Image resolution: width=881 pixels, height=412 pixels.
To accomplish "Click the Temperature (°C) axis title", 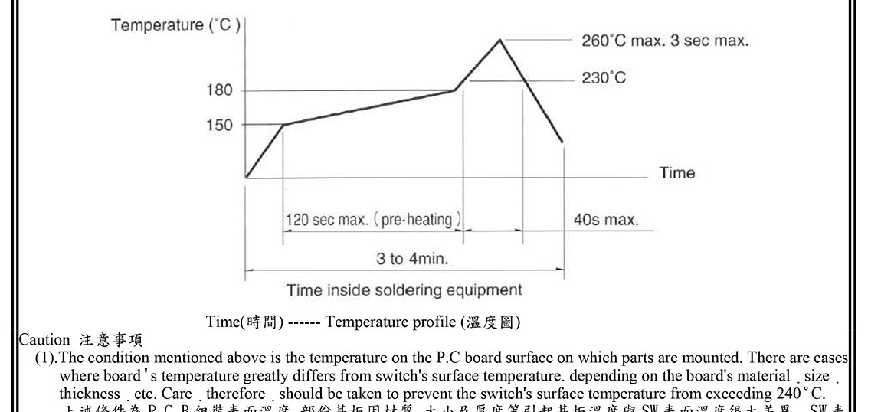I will click(x=175, y=25).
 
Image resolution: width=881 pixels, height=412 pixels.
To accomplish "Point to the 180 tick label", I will click(x=219, y=90).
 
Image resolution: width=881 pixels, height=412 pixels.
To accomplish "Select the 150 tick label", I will click(x=219, y=125).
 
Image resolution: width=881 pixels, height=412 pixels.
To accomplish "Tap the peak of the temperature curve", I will click(x=500, y=39).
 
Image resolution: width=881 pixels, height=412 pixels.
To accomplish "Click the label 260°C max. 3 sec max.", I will click(x=664, y=41).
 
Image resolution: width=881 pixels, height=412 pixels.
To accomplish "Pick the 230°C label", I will click(x=603, y=78).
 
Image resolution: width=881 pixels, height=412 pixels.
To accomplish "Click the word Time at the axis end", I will click(x=677, y=173).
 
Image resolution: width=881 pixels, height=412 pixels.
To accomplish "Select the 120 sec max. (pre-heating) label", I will click(x=373, y=221).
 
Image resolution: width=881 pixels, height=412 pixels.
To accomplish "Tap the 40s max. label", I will click(x=605, y=221).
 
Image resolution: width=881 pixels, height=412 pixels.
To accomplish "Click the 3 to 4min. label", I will click(x=412, y=259).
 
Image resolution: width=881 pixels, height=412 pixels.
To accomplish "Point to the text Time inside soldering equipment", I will click(x=404, y=290).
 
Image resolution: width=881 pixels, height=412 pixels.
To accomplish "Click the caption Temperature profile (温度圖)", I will click(x=423, y=322).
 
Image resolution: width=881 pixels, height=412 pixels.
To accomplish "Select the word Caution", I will click(x=44, y=339).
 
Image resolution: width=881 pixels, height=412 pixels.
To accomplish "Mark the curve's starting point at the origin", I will click(x=246, y=178).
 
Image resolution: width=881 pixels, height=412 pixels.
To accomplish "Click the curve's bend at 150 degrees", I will click(x=283, y=125).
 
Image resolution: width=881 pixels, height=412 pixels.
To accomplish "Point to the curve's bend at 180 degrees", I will click(x=455, y=90).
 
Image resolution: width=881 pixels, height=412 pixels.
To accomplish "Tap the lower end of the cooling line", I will click(x=563, y=142).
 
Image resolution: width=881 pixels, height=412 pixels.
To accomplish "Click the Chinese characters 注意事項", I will click(x=110, y=339).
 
